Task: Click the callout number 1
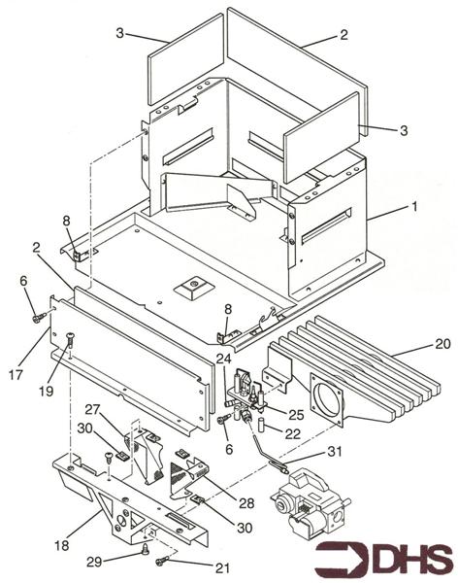[413, 206]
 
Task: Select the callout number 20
[442, 344]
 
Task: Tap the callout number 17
[16, 375]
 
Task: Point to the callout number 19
[47, 391]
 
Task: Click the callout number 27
[92, 409]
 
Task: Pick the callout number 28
[246, 503]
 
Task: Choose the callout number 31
[335, 452]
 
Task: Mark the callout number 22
[293, 433]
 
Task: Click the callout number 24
[223, 359]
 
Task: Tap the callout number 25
[296, 415]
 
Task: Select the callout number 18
[62, 546]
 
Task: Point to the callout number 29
[94, 562]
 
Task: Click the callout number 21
[222, 567]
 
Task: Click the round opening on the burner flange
[328, 399]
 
